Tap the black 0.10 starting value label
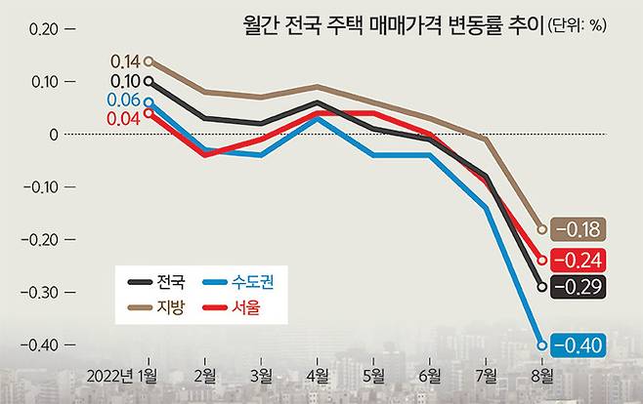point(124,81)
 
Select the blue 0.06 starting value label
point(124,101)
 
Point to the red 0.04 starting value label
point(124,119)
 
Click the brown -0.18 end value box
point(579,230)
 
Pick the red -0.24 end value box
point(579,260)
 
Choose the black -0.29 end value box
point(579,287)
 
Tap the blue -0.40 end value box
point(579,344)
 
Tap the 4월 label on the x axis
point(317,375)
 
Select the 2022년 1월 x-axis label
point(123,375)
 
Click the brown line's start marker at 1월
point(149,61)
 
